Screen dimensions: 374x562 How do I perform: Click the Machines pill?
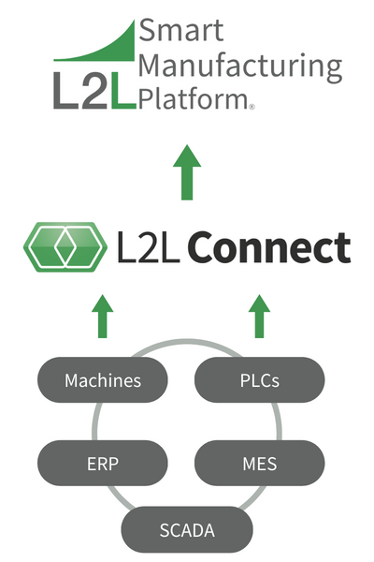click(x=103, y=379)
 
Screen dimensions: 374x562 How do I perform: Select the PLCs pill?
click(x=260, y=379)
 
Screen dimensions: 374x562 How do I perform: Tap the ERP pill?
click(x=103, y=463)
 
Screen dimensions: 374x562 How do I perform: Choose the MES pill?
click(x=260, y=463)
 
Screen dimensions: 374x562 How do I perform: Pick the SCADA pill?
click(x=187, y=529)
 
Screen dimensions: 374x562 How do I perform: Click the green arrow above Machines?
click(x=102, y=317)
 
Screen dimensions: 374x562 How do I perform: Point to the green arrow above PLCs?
click(x=260, y=317)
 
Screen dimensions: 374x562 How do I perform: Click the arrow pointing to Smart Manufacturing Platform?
click(x=187, y=172)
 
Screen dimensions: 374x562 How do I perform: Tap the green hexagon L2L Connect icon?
click(x=65, y=247)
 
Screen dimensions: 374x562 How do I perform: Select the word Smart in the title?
click(x=181, y=31)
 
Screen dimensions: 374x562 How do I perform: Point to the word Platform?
click(x=194, y=98)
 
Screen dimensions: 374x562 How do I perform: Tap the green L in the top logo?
click(x=123, y=90)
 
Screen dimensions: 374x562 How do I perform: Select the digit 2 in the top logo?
click(x=94, y=90)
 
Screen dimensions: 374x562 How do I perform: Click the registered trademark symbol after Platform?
click(x=252, y=107)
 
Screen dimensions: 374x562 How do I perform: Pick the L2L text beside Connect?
click(x=148, y=248)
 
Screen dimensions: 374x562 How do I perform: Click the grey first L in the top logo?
click(x=65, y=90)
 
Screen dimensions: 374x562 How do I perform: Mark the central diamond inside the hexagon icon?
click(x=65, y=247)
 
